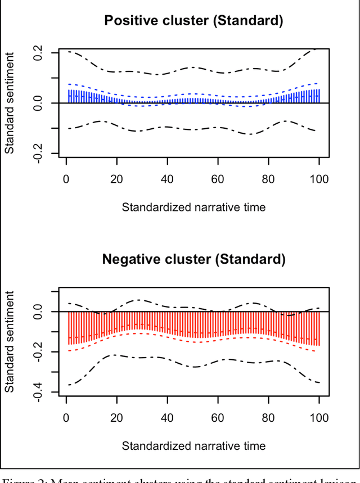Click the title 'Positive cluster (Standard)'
pyautogui.click(x=193, y=21)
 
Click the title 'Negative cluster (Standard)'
pyautogui.click(x=193, y=260)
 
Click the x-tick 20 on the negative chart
pyautogui.click(x=117, y=418)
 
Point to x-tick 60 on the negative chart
pyautogui.click(x=218, y=418)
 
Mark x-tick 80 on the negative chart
pyautogui.click(x=268, y=418)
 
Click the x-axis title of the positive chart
pyautogui.click(x=193, y=207)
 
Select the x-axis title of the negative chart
pyautogui.click(x=193, y=445)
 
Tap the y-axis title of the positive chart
pyautogui.click(x=10, y=103)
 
